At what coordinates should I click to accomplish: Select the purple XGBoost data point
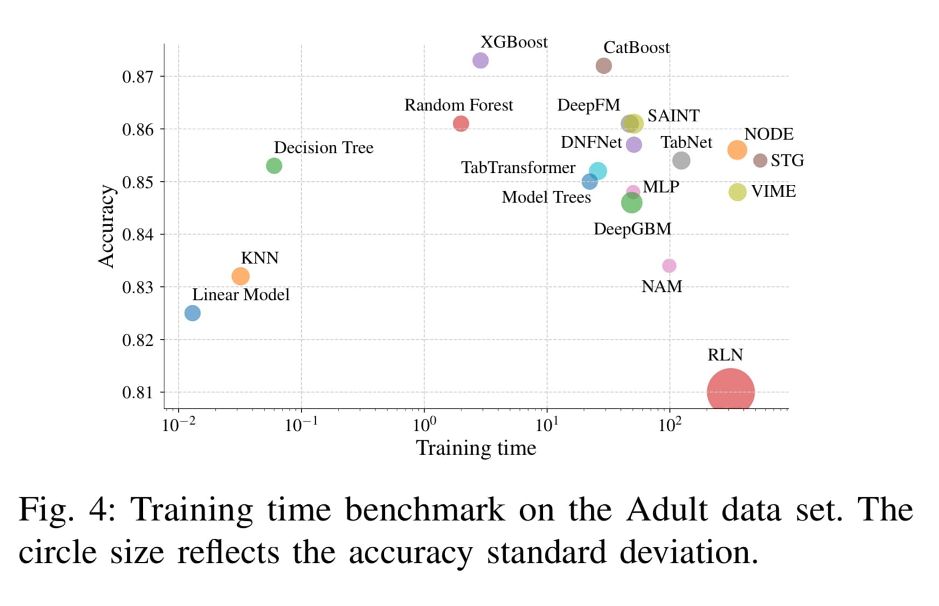click(x=480, y=60)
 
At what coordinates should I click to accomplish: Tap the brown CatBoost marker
click(x=604, y=66)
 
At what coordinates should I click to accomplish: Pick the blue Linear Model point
click(x=192, y=313)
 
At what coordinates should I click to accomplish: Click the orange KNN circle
click(x=240, y=276)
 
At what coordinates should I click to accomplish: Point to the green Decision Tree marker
click(x=274, y=166)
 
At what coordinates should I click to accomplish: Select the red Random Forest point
click(x=461, y=124)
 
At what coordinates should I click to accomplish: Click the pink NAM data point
click(x=669, y=266)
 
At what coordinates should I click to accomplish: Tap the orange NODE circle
click(x=737, y=150)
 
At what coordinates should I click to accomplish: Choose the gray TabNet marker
click(x=681, y=161)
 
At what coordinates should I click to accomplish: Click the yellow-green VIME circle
click(x=737, y=192)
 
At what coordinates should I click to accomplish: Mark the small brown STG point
click(x=760, y=161)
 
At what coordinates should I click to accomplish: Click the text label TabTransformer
click(x=518, y=168)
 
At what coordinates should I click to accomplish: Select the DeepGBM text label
click(x=632, y=229)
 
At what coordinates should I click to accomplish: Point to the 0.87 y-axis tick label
click(x=137, y=77)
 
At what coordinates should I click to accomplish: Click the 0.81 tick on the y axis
click(x=137, y=393)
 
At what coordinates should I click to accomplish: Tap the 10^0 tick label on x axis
click(x=424, y=426)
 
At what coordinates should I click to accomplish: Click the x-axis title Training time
click(x=476, y=448)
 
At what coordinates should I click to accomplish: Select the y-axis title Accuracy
click(x=106, y=226)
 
